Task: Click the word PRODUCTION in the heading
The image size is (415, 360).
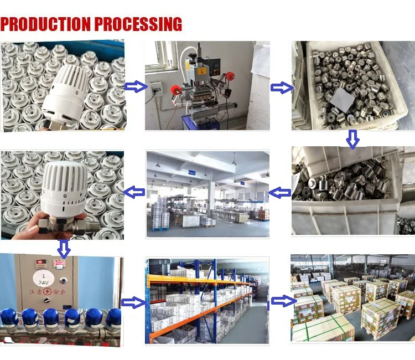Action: click(46, 24)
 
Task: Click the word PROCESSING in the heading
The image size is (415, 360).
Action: click(138, 24)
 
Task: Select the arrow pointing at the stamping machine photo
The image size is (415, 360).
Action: click(135, 87)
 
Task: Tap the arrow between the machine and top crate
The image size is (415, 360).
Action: click(282, 87)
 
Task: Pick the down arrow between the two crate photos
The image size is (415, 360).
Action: click(352, 138)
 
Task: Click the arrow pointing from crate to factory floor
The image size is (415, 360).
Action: click(279, 193)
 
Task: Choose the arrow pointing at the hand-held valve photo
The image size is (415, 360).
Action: click(134, 193)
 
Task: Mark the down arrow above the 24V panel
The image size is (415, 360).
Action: click(64, 248)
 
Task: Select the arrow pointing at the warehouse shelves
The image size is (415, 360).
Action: click(132, 302)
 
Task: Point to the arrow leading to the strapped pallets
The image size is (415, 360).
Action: click(282, 301)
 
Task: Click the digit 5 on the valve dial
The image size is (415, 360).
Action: click(65, 195)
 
